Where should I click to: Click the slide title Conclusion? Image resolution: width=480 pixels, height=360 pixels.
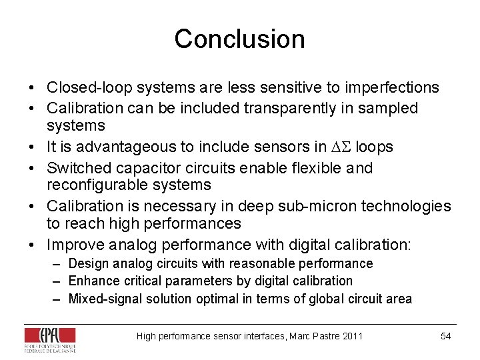(239, 39)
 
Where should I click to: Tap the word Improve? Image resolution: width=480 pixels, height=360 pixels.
(73, 245)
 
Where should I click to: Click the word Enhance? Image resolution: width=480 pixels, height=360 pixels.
(93, 281)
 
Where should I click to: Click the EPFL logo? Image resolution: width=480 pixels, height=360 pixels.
(50, 338)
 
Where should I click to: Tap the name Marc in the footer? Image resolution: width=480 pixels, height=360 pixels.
(302, 336)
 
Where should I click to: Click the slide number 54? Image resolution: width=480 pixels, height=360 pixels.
(446, 336)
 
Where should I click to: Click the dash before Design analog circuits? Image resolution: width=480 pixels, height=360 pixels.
(58, 264)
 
